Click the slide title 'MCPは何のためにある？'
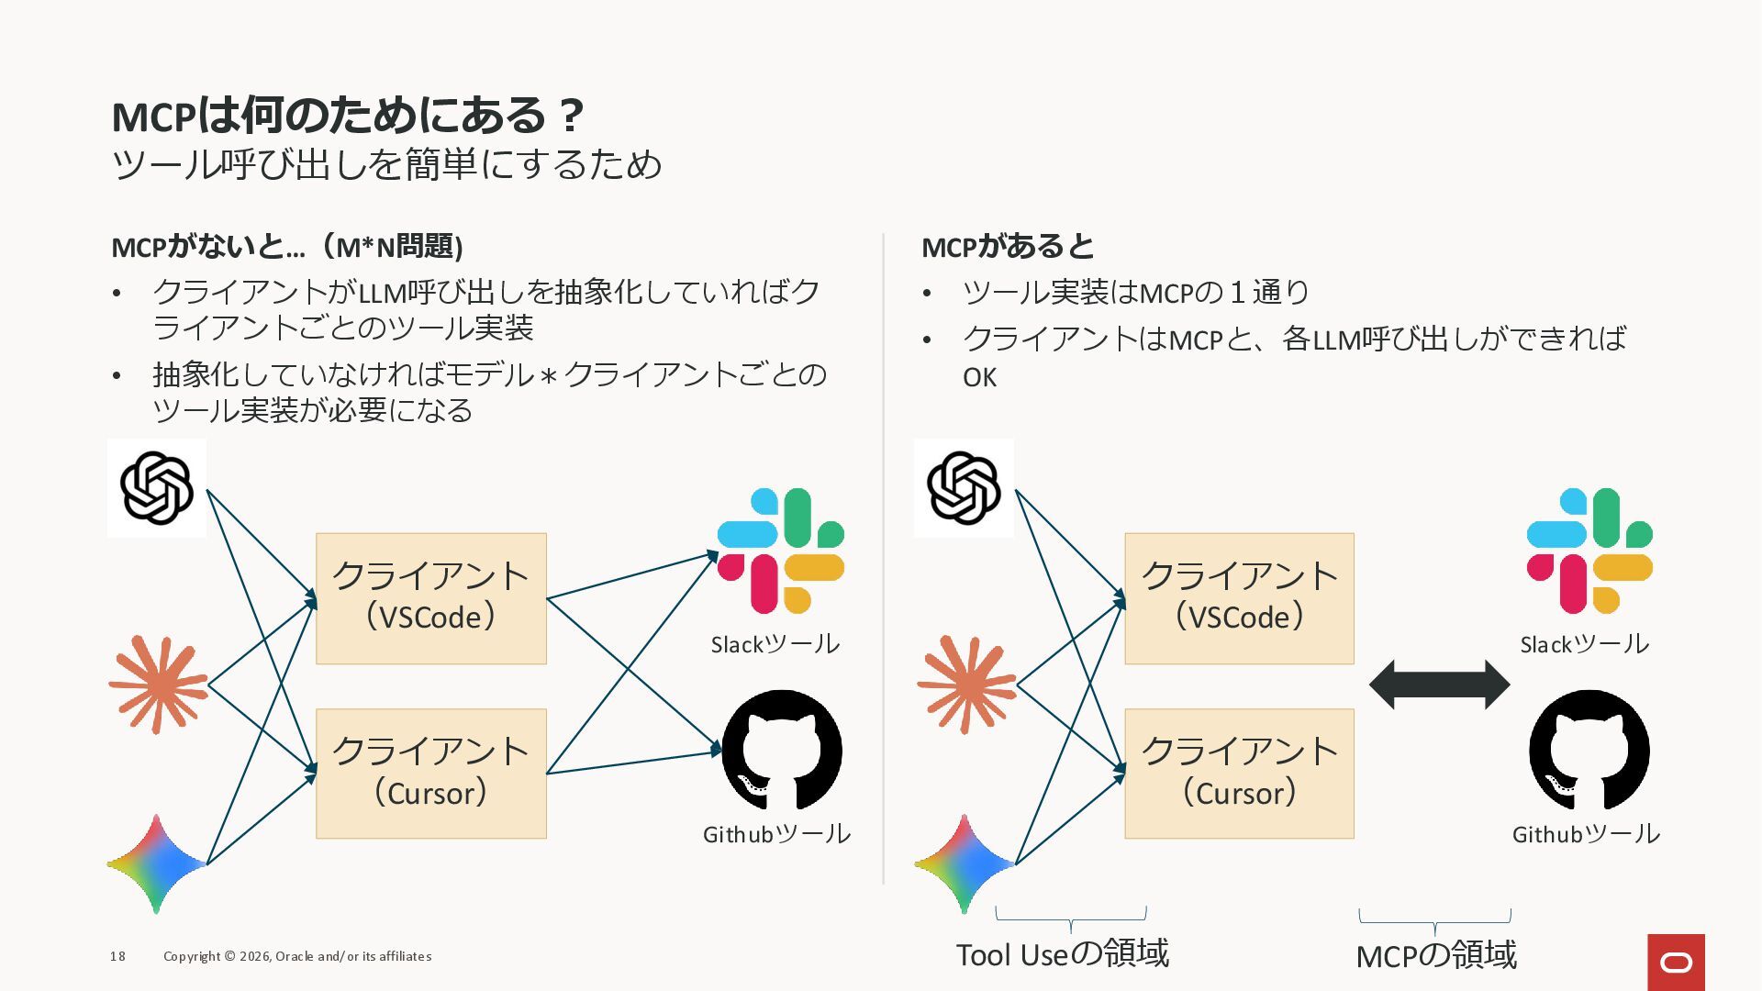pyautogui.click(x=347, y=116)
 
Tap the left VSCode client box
pyautogui.click(x=431, y=598)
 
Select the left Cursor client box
pyautogui.click(x=431, y=774)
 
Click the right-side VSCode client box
pyautogui.click(x=1239, y=598)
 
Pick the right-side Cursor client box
pyautogui.click(x=1239, y=774)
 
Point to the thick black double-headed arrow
pyautogui.click(x=1439, y=685)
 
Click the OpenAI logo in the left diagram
pyautogui.click(x=157, y=488)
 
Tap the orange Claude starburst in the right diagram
pyautogui.click(x=965, y=685)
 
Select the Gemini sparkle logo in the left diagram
pyautogui.click(x=156, y=863)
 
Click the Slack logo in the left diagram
pyautogui.click(x=780, y=551)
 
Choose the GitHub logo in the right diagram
pyautogui.click(x=1589, y=750)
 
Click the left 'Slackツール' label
pyautogui.click(x=775, y=644)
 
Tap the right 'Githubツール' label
pyautogui.click(x=1586, y=834)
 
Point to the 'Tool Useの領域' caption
pyautogui.click(x=1063, y=954)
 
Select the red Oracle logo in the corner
pyautogui.click(x=1676, y=962)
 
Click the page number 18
pyautogui.click(x=117, y=956)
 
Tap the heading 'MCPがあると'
pyautogui.click(x=1008, y=246)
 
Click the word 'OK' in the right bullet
pyautogui.click(x=979, y=377)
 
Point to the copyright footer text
pyautogui.click(x=297, y=956)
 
